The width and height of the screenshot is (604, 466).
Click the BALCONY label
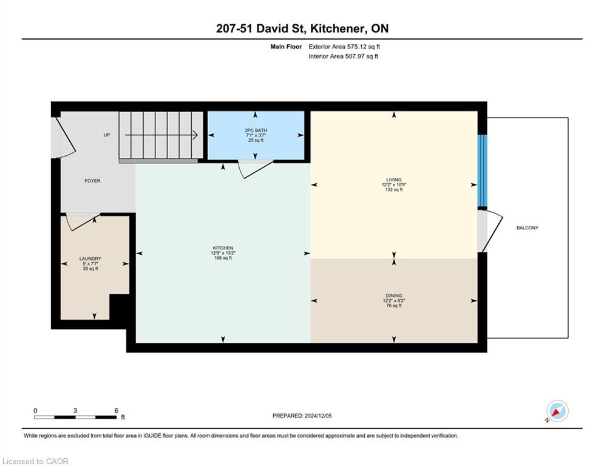point(528,228)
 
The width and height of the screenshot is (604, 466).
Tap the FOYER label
point(92,181)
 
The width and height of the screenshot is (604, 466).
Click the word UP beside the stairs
point(107,135)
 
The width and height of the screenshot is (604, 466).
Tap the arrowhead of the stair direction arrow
point(195,135)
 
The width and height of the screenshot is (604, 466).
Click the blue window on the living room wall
point(482,171)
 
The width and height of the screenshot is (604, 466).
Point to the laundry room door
point(82,222)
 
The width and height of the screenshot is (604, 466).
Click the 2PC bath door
point(255,169)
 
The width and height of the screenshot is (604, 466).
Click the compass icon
point(557,411)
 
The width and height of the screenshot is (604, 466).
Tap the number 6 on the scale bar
point(116,411)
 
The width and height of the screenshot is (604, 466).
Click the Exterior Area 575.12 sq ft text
point(344,47)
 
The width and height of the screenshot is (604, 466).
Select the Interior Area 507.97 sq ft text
point(343,56)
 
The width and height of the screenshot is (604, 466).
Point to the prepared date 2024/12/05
point(318,416)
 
